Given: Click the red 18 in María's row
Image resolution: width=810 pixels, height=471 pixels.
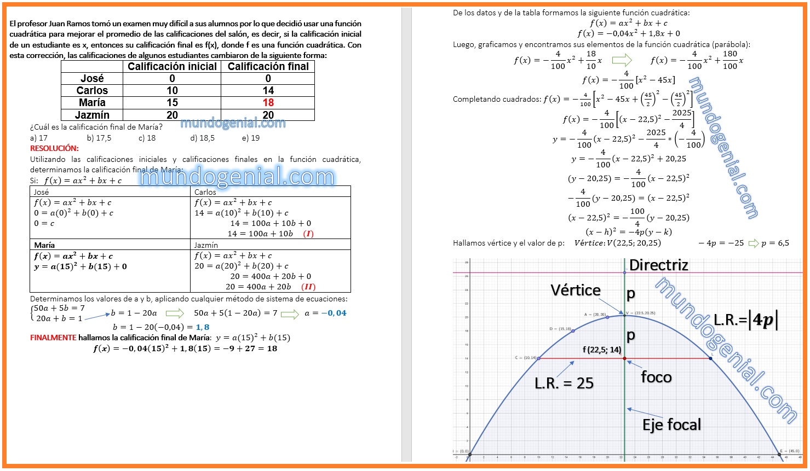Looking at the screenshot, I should point(268,103).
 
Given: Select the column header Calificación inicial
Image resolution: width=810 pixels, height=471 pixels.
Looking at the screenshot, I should point(172,67).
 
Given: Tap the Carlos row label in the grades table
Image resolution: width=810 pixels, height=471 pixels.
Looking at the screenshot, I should point(92,91).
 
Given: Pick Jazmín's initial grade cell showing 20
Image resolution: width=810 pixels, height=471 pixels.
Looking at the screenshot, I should point(172,115).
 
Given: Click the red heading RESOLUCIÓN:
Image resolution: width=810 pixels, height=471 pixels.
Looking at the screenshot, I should point(54,148).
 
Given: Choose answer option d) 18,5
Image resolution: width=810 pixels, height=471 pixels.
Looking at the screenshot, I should point(203,138).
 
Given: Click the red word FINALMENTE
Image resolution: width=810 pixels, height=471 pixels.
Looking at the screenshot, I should point(53,338).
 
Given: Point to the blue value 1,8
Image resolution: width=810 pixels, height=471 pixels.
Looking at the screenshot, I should point(202,327).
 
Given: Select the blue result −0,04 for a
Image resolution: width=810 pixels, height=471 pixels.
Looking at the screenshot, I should point(334,313).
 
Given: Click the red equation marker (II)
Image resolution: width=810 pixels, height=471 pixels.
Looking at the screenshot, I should point(308,287).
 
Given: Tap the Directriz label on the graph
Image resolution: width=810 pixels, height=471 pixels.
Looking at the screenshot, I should point(658,265).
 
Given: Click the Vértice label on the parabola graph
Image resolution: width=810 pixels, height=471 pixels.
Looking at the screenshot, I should point(576,290).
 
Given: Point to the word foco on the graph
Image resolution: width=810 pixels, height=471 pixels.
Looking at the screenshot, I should point(656,377).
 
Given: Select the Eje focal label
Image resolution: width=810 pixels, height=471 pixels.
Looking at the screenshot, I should point(671,425).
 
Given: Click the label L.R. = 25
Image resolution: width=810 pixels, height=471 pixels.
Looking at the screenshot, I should point(564,383).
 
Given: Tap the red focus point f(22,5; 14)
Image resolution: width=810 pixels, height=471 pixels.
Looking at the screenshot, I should point(625,358).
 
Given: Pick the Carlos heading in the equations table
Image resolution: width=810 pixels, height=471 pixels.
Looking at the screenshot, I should point(205,192).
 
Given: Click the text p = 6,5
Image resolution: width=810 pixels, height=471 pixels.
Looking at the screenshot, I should point(775,243).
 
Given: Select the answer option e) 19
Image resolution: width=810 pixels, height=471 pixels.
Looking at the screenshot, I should point(251,138).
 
